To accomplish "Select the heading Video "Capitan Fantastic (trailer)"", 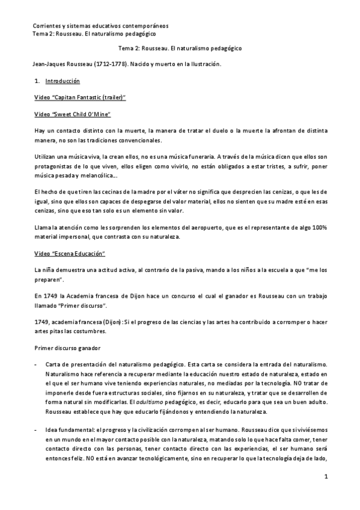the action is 79,97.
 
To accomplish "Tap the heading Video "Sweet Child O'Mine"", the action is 73,114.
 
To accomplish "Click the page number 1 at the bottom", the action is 325,494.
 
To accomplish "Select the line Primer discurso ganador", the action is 64,347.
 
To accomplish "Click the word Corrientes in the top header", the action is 46,26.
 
